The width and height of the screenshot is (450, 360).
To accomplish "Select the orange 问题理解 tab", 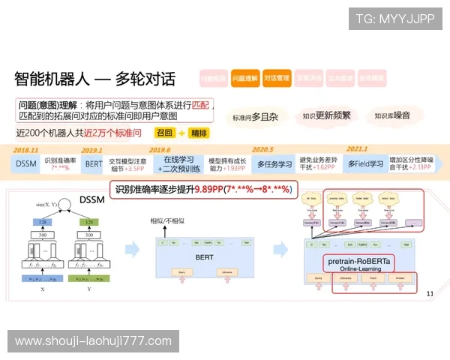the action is click(244, 78).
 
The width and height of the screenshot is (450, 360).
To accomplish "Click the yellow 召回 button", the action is click(164, 133).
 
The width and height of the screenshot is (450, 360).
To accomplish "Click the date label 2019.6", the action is click(160, 150).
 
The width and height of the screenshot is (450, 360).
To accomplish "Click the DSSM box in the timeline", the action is click(26, 163).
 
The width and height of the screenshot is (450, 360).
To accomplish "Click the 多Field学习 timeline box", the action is click(365, 163).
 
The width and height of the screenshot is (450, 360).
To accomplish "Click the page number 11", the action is click(430, 293).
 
